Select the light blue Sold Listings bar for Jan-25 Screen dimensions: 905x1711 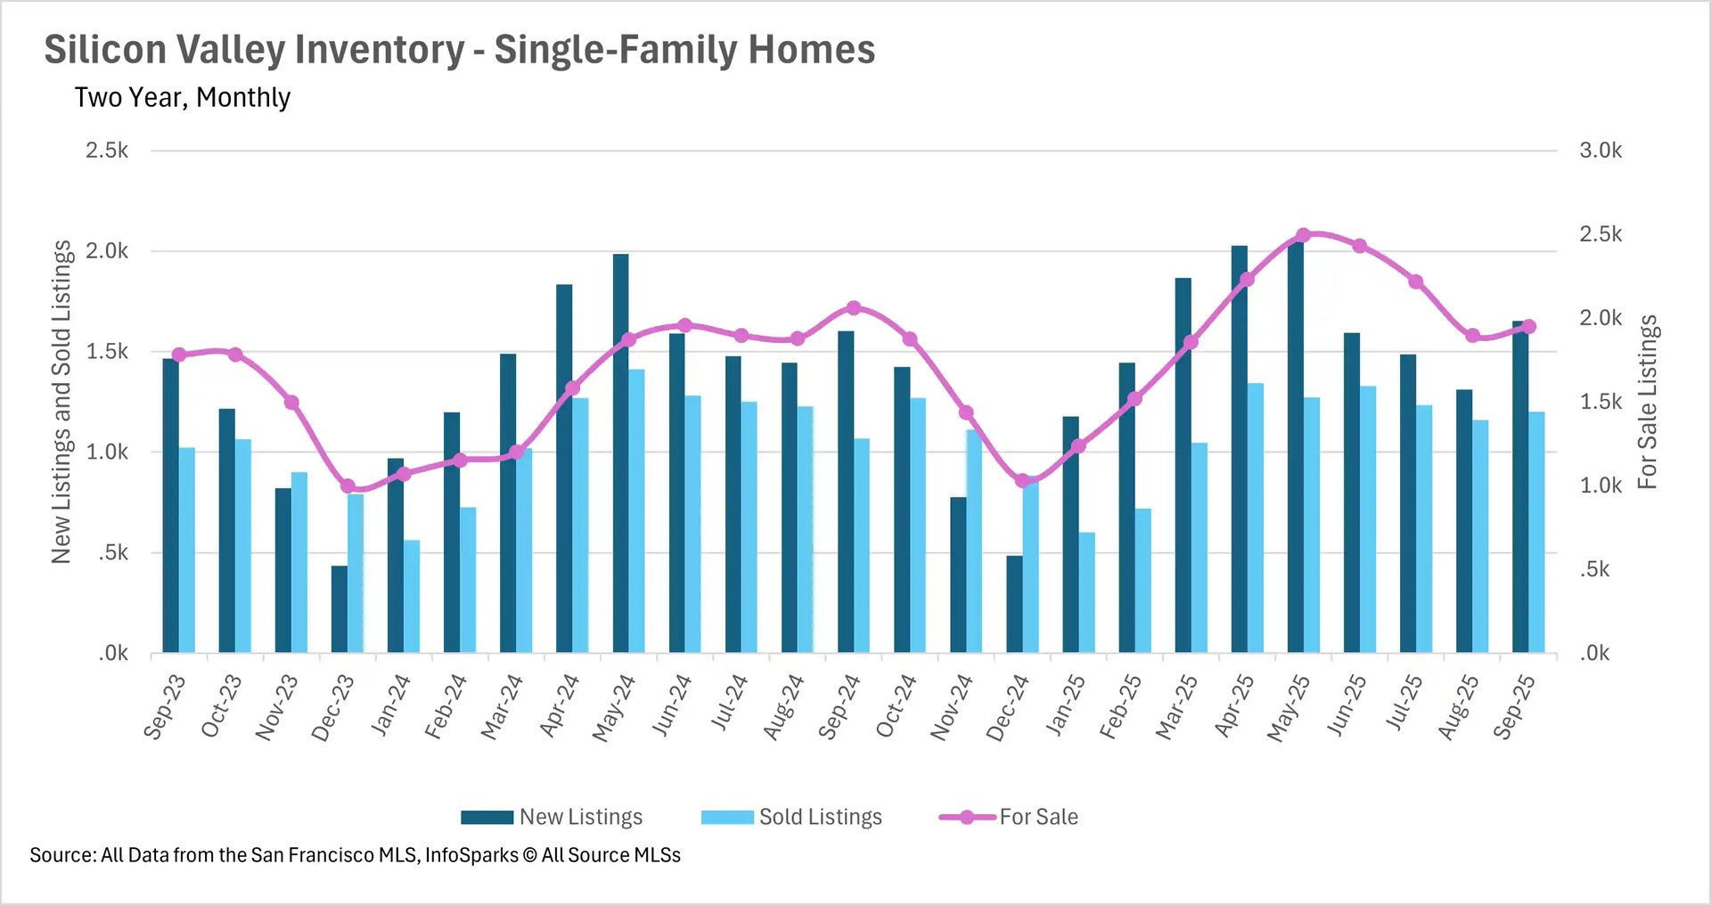[x=1087, y=593]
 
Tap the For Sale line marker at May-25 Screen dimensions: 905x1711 [x=1303, y=235]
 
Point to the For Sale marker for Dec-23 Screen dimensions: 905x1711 [x=348, y=486]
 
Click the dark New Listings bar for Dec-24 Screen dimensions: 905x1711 [x=1014, y=605]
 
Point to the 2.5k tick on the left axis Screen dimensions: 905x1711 [x=107, y=151]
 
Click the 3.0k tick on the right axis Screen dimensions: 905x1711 [x=1600, y=151]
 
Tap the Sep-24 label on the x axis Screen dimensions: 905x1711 [x=839, y=707]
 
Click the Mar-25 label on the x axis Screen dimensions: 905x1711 [x=1176, y=707]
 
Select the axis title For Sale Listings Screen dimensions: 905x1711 [x=1647, y=402]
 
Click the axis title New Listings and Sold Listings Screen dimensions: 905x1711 [x=61, y=402]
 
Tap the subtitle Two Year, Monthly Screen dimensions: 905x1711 [x=183, y=97]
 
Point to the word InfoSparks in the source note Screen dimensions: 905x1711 [x=471, y=855]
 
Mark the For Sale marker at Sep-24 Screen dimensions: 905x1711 [x=854, y=308]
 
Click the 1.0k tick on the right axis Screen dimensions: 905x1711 [x=1600, y=485]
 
